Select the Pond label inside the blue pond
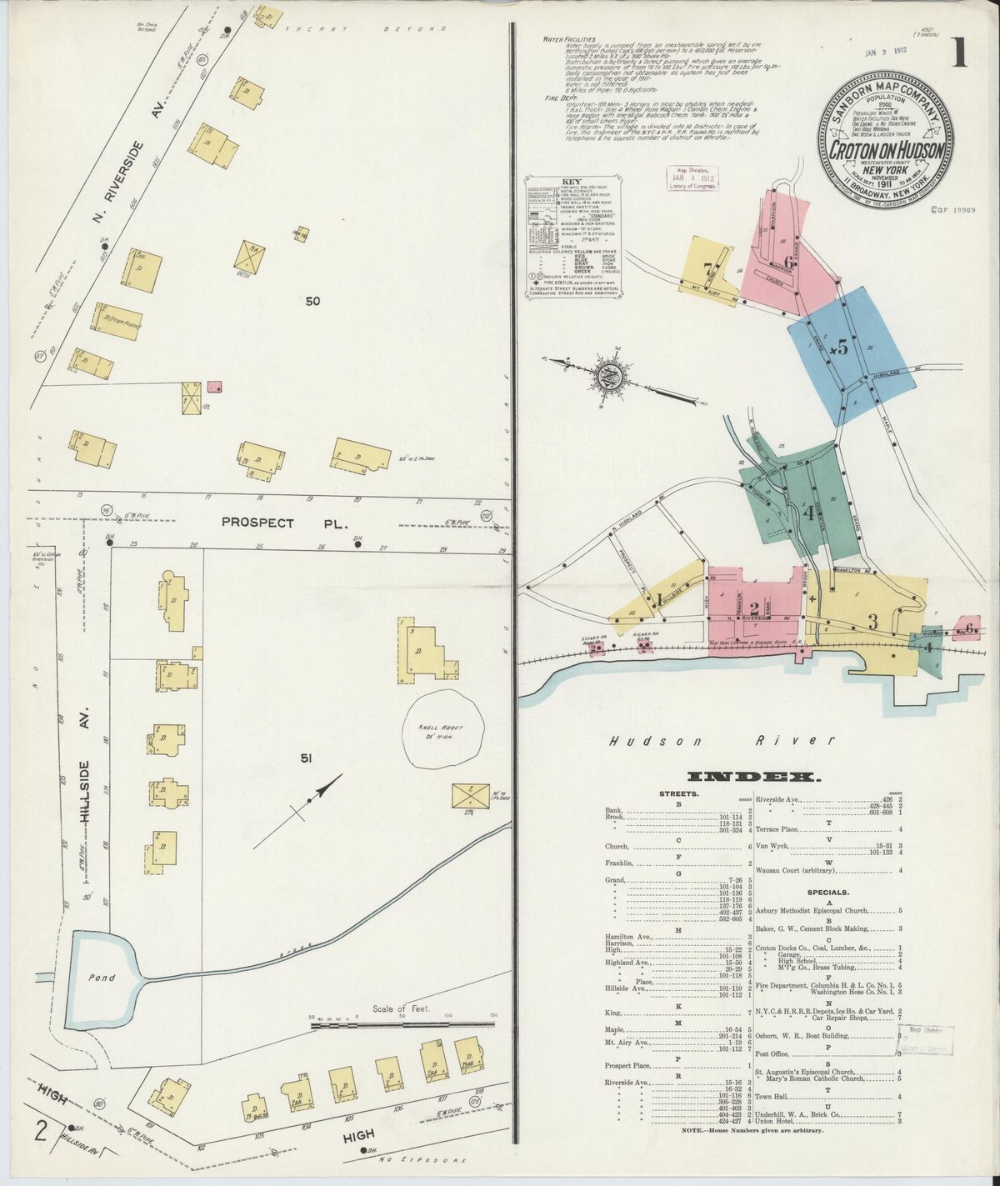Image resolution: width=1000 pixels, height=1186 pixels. point(102,978)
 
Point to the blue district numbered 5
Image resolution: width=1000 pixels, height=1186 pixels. point(842,350)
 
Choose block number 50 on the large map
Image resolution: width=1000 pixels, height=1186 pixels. point(312,301)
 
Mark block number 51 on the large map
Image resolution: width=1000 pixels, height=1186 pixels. point(306,758)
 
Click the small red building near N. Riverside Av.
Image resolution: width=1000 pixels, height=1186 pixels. point(214,387)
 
